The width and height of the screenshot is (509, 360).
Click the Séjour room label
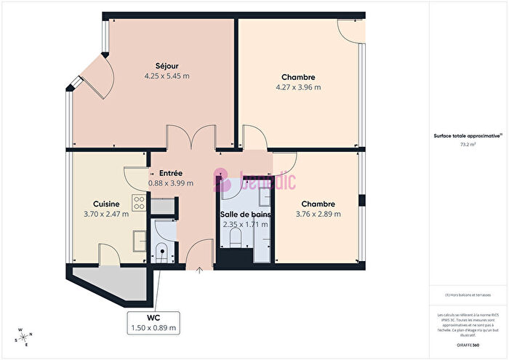point(162,65)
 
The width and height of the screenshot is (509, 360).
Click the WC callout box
point(153,324)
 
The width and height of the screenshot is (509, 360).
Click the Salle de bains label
point(244,214)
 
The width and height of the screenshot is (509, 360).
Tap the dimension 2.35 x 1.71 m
point(244,224)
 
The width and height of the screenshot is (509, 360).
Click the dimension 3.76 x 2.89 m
point(318,214)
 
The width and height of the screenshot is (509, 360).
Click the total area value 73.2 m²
point(468,144)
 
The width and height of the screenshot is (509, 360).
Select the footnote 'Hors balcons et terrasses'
point(469,295)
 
